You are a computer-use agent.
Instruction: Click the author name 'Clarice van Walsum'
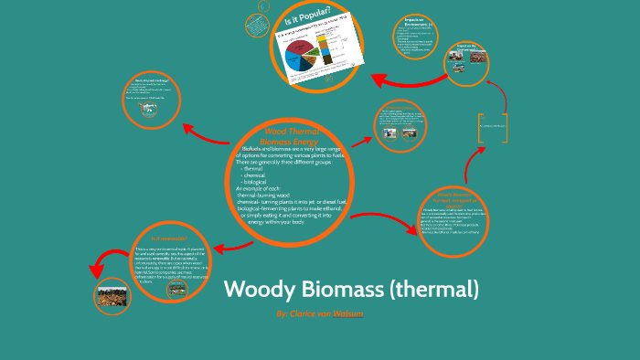tap(319, 313)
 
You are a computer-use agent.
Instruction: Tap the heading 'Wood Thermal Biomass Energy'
tap(286, 137)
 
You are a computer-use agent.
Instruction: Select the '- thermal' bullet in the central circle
tap(252, 168)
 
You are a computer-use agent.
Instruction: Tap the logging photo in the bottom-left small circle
tap(112, 297)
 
